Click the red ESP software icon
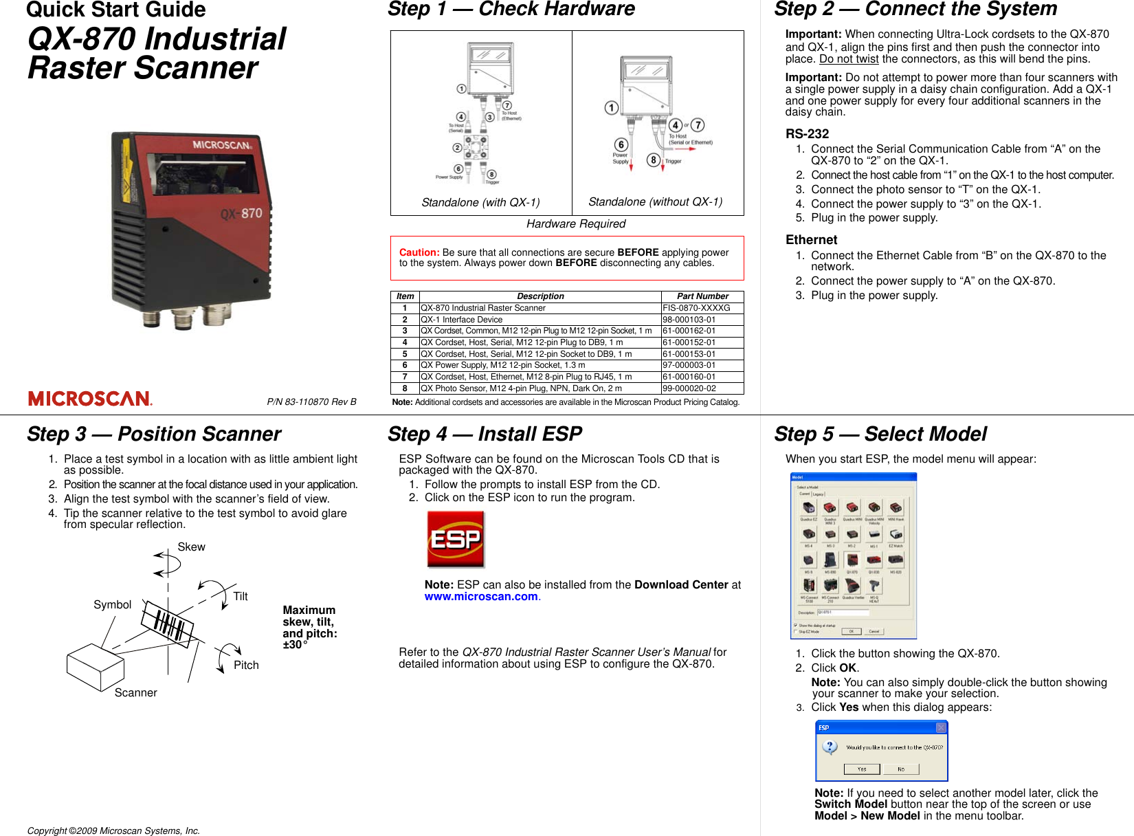click(x=456, y=540)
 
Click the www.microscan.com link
click(x=480, y=597)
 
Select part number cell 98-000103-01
click(x=689, y=320)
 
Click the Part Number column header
click(x=702, y=296)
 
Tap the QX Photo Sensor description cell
click(x=521, y=388)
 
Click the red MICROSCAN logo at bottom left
click(x=89, y=399)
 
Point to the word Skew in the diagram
click(x=191, y=547)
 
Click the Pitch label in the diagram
click(x=246, y=665)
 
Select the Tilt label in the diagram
click(x=240, y=597)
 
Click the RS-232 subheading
click(x=807, y=134)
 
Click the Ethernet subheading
click(x=811, y=240)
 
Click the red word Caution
click(x=419, y=252)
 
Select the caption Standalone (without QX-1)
click(x=655, y=201)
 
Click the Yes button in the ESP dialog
click(x=861, y=769)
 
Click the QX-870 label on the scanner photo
click(x=241, y=214)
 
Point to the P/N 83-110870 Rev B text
click(x=311, y=402)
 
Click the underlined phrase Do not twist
click(x=848, y=59)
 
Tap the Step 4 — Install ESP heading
click(x=485, y=434)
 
